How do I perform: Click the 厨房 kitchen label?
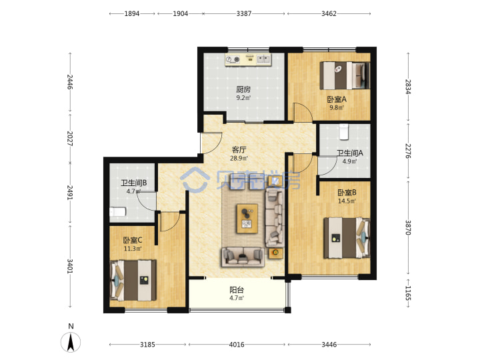[243, 89]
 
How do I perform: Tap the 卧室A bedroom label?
[337, 99]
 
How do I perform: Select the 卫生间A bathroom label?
[350, 153]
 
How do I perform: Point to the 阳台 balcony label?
[237, 289]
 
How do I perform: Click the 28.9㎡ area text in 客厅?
[239, 158]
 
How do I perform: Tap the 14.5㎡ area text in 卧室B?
[347, 201]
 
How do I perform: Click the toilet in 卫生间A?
[345, 131]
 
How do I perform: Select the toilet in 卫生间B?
[117, 212]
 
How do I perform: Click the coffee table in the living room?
[247, 219]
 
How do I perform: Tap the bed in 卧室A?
[345, 75]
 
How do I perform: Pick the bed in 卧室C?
[133, 281]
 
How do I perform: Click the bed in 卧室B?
[347, 238]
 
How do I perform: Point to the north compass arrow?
[71, 342]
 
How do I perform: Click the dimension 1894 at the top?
[132, 13]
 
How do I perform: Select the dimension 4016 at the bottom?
[237, 345]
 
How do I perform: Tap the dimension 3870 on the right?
[408, 227]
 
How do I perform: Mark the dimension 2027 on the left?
[70, 139]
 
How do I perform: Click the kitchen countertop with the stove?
[248, 60]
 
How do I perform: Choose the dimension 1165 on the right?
[408, 293]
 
